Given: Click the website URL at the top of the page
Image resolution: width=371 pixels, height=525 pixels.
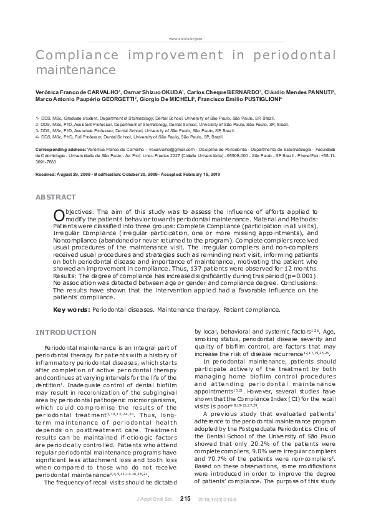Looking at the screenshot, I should [x=185, y=38].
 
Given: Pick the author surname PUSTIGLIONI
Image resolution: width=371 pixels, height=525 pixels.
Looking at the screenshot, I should [x=252, y=99].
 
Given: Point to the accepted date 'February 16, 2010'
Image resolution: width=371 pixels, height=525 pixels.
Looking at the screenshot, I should [x=201, y=174].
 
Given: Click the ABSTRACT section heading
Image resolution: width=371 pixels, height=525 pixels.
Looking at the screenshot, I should [x=56, y=197].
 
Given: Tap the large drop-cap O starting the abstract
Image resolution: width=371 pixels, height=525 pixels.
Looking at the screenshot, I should [x=59, y=215].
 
